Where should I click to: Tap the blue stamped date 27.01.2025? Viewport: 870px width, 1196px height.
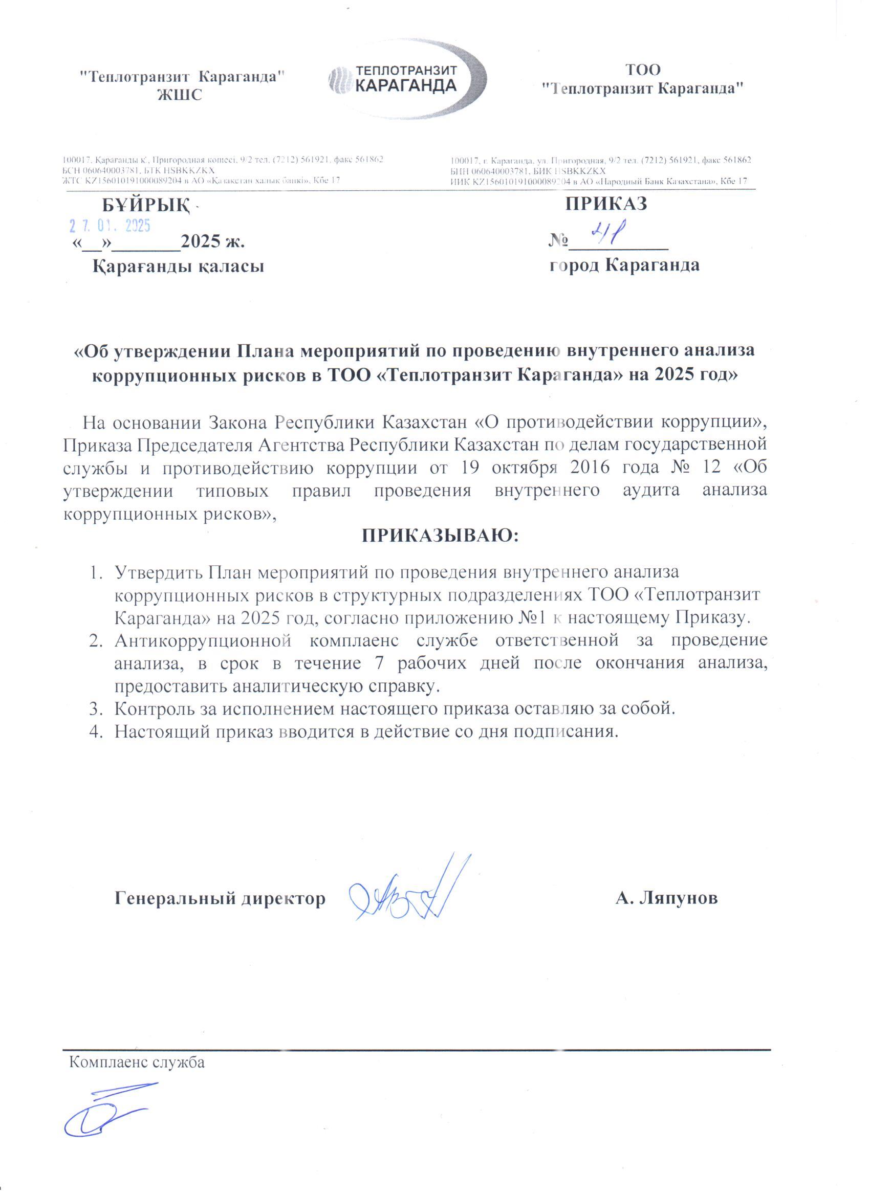[x=110, y=226]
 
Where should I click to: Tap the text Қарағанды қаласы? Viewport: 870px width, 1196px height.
[x=178, y=266]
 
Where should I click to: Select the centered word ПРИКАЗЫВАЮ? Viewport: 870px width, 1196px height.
[x=441, y=536]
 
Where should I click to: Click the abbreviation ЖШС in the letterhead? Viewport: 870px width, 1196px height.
[x=180, y=96]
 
